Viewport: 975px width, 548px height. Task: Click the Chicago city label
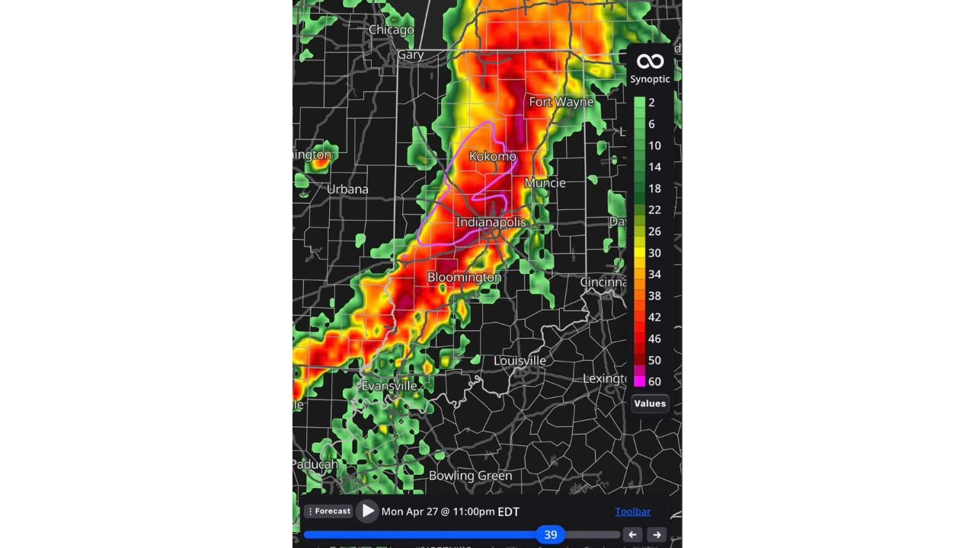point(391,30)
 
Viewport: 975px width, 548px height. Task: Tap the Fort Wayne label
point(561,102)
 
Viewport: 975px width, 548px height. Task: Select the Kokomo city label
point(493,157)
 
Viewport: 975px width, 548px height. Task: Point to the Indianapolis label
point(491,222)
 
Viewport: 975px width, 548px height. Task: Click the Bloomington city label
point(464,278)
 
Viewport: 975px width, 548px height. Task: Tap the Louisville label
point(519,360)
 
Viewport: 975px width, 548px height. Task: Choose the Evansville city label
point(389,386)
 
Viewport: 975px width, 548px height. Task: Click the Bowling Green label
point(470,476)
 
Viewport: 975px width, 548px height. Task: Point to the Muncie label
point(545,183)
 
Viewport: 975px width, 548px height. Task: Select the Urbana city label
point(347,190)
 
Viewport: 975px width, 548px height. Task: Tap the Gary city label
point(410,55)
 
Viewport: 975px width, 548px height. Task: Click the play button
point(368,511)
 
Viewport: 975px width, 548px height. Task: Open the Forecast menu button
point(329,511)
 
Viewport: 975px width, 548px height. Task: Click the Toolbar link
point(632,511)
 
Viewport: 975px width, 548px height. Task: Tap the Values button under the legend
point(650,403)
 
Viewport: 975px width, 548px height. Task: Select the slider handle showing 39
point(550,534)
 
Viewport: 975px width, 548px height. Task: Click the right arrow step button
point(657,534)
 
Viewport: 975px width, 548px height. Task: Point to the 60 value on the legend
point(654,381)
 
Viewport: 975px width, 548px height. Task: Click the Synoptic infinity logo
point(650,62)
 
